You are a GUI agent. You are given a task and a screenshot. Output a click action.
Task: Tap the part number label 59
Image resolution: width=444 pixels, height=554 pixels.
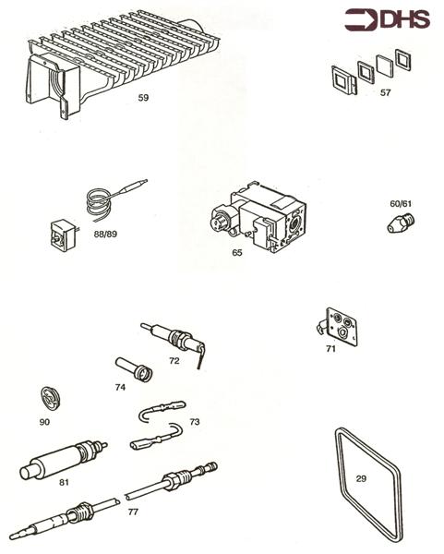click(143, 96)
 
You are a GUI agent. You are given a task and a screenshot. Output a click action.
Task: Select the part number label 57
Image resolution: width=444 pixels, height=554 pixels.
click(385, 93)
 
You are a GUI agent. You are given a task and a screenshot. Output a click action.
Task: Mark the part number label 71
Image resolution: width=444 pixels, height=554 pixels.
click(330, 350)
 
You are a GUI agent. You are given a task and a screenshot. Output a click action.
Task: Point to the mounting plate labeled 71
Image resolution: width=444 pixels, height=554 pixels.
click(339, 326)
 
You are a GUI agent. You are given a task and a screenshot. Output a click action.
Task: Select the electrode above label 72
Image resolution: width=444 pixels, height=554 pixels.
click(175, 336)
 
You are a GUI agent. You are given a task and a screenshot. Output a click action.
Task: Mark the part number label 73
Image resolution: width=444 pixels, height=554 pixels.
click(194, 421)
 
